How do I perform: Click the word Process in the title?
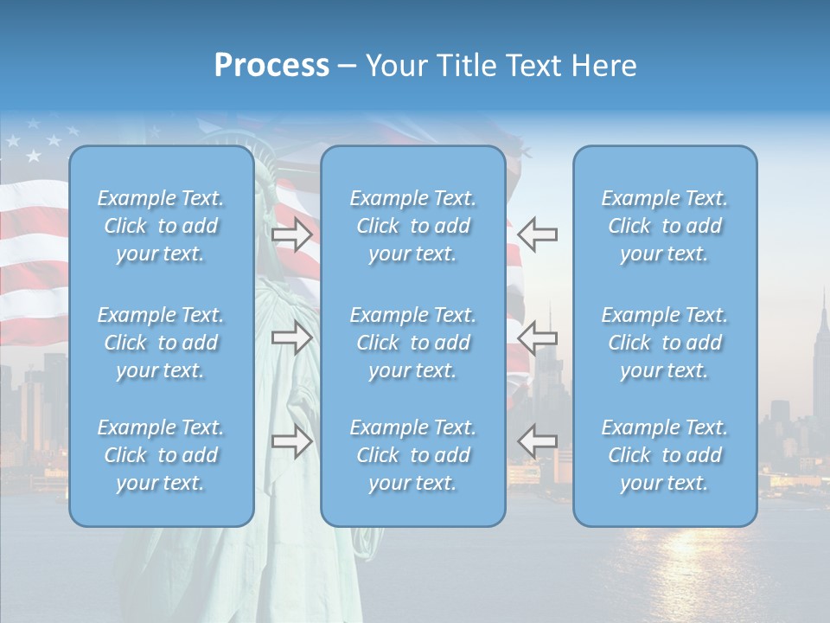click(271, 66)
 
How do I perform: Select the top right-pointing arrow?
click(291, 234)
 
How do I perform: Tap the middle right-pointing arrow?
click(291, 337)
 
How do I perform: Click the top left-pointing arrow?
click(538, 234)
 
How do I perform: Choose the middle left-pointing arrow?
click(538, 337)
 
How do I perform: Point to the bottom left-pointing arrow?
click(538, 440)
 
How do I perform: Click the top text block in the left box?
click(161, 226)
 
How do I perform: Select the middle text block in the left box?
click(161, 343)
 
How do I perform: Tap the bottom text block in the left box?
click(161, 455)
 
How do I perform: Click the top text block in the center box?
click(413, 226)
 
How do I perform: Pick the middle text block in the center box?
click(413, 343)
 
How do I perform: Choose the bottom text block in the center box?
click(413, 455)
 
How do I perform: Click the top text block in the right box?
click(665, 226)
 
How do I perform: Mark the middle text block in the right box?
click(665, 343)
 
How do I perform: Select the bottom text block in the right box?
click(665, 455)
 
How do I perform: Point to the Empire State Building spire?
click(824, 303)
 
